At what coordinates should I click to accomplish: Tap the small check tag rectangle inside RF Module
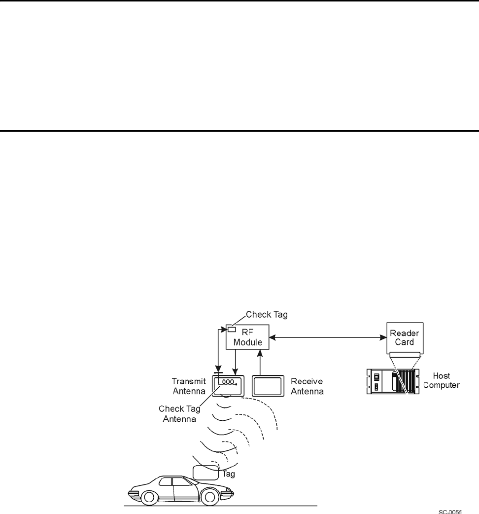coord(232,330)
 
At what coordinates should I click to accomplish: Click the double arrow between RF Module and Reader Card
coord(327,338)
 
